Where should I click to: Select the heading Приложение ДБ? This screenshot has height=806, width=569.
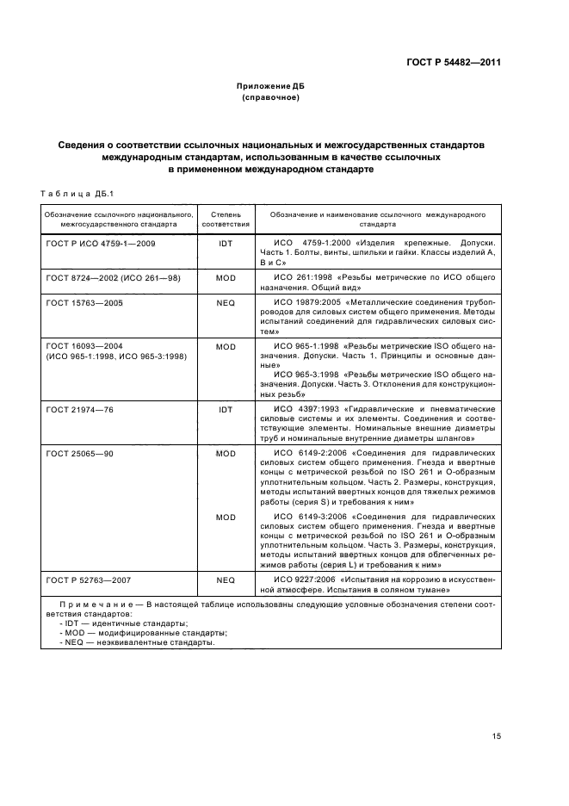270,86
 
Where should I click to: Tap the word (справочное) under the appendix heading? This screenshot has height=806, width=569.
270,97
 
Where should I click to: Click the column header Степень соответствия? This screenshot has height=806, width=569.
226,217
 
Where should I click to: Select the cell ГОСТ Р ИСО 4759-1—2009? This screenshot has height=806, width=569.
101,245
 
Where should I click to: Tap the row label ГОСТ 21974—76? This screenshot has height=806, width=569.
80,410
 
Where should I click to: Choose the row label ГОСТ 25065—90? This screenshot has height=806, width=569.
80,453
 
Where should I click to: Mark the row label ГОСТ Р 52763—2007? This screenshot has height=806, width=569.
89,604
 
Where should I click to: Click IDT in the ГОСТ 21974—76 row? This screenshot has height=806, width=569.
226,410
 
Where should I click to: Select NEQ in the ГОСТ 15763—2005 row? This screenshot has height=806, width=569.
226,303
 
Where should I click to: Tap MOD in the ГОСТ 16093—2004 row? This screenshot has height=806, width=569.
226,346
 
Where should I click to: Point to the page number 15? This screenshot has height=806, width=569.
497,735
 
